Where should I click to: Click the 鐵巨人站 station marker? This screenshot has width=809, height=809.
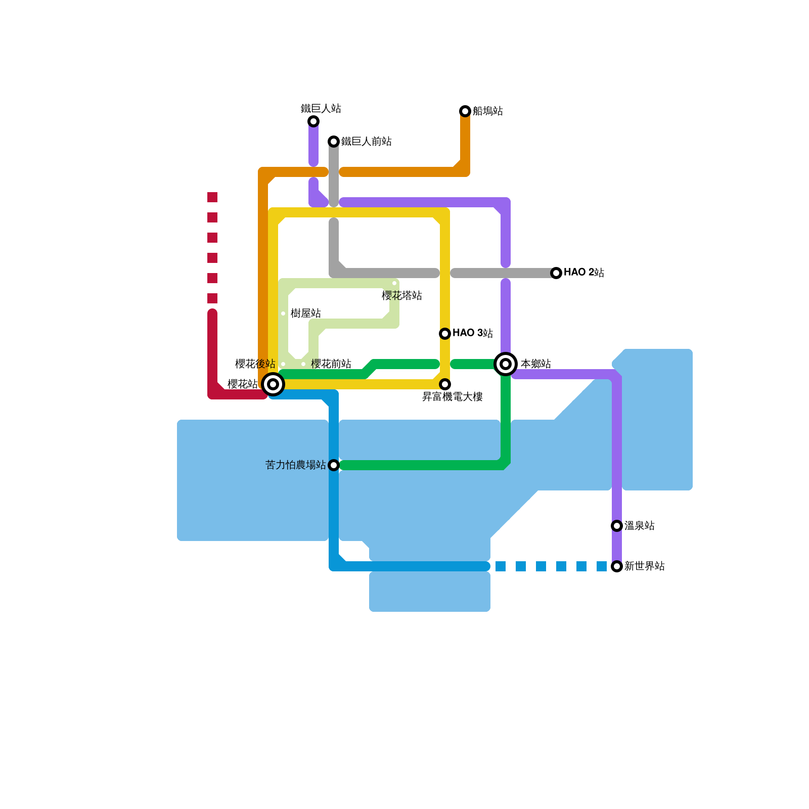point(313,121)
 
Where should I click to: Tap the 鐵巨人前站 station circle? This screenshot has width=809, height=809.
point(334,142)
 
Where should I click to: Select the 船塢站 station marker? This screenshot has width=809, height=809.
point(465,111)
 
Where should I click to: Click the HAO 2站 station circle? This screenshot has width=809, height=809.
point(556,273)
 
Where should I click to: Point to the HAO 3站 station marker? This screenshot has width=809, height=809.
point(445,334)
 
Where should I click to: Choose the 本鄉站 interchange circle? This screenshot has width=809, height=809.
point(506,364)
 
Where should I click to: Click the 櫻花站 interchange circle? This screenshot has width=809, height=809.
point(273,384)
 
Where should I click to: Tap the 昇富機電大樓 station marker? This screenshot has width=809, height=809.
point(445,384)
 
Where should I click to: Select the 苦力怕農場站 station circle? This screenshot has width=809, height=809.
point(334,465)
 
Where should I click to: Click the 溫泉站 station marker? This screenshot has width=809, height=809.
point(617,526)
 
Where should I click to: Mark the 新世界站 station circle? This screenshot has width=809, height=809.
point(617,566)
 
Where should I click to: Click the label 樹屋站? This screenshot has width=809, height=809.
point(306,313)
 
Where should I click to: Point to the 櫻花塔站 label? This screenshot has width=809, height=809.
point(402,296)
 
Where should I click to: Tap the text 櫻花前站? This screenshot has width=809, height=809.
point(331,364)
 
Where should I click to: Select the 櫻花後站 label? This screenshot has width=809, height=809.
point(255,364)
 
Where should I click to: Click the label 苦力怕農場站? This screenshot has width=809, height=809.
point(296,465)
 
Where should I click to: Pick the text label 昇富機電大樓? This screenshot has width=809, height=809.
point(453,397)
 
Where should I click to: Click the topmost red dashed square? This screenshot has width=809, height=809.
point(212,197)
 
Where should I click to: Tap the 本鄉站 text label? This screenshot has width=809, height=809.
point(536,364)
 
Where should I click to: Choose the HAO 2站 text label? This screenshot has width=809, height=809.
point(584,273)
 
